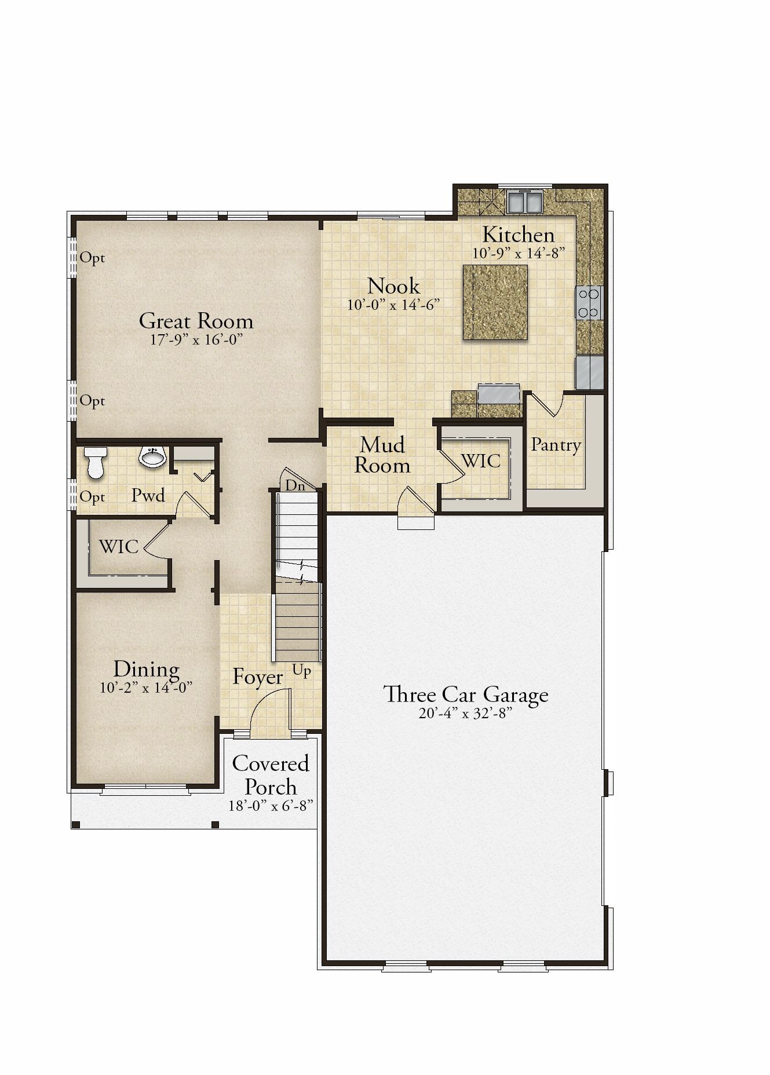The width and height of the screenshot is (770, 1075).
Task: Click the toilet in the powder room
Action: click(94, 462)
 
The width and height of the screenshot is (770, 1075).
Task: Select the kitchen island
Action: click(495, 302)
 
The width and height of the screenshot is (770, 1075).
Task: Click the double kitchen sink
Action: click(524, 201)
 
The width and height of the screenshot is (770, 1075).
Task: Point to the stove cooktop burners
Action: click(589, 303)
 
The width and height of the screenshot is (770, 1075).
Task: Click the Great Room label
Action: click(196, 321)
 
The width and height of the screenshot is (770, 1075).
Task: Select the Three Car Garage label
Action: click(466, 694)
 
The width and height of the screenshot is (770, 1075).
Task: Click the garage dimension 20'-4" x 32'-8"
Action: click(466, 714)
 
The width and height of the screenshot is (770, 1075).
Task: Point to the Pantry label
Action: click(556, 445)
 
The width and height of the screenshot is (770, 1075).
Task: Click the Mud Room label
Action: click(382, 455)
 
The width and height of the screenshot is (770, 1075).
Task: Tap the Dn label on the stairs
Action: click(295, 486)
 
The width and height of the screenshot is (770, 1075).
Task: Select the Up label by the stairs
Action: click(302, 671)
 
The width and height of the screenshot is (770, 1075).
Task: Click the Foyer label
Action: click(258, 677)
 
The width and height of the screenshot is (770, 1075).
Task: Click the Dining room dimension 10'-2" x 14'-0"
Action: click(146, 688)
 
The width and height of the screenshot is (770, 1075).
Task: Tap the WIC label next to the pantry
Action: click(481, 460)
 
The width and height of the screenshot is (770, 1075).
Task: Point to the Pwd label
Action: click(148, 495)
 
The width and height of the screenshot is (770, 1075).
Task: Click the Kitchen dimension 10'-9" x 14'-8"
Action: click(519, 253)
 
